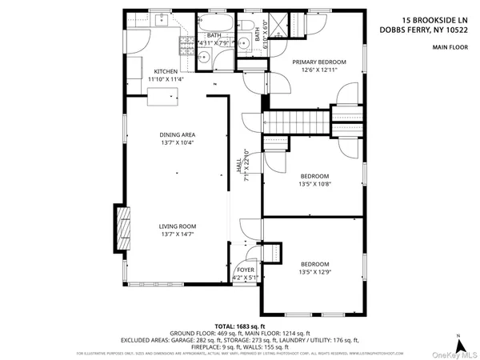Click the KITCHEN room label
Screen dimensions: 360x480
tap(165, 72)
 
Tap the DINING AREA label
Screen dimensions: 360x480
tap(177, 134)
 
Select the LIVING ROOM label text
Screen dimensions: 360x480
tap(177, 226)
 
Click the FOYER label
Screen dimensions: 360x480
tap(246, 270)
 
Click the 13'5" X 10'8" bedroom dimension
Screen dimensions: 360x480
tap(314, 184)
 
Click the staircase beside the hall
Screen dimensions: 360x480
tap(297, 122)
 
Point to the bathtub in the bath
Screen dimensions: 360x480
tap(214, 22)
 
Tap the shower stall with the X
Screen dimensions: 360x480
tap(274, 22)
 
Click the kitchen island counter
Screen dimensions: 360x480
tap(162, 97)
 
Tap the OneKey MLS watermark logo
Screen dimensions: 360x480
tap(456, 353)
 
